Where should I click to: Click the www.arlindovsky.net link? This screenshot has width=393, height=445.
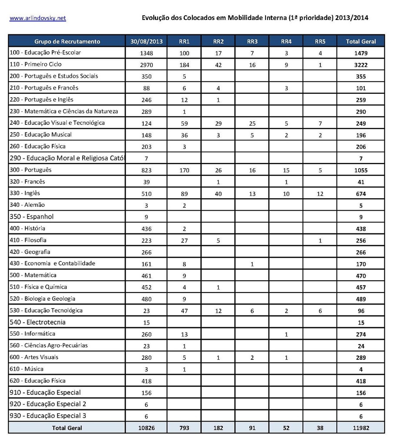[x=37, y=18]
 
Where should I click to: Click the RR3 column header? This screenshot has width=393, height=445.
[x=252, y=42]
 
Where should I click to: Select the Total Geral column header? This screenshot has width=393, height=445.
[x=361, y=42]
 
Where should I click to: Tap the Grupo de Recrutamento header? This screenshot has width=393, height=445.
[x=67, y=42]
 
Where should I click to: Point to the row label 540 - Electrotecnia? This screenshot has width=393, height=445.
[x=37, y=322]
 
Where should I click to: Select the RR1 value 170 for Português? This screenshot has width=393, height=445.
[x=184, y=170]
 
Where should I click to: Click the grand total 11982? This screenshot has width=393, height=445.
[x=360, y=428]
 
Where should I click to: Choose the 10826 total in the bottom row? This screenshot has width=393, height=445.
[x=146, y=428]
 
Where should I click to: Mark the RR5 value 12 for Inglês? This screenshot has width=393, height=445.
[x=320, y=194]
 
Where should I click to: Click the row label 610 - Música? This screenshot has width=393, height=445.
[x=26, y=369]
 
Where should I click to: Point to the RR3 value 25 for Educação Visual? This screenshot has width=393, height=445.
[x=252, y=123]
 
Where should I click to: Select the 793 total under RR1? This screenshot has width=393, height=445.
[x=184, y=428]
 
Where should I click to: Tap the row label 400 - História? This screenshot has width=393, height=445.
[x=27, y=228]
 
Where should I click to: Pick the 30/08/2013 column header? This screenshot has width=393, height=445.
[x=146, y=42]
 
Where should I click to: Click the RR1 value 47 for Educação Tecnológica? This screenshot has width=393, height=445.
[x=184, y=311]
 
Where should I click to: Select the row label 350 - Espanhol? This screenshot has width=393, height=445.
[x=31, y=216]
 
